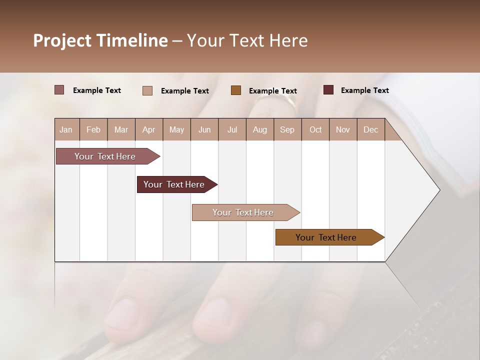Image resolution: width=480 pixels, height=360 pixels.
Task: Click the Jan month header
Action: (66, 129)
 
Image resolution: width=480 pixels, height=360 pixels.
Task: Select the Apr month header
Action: (148, 129)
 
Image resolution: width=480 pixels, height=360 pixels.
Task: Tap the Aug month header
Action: (259, 129)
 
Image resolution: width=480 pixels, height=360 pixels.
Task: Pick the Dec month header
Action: (370, 129)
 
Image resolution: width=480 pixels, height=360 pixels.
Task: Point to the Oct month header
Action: (315, 129)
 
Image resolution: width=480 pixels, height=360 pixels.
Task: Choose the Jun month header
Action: (204, 129)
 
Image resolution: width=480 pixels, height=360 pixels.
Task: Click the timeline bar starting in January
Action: (105, 156)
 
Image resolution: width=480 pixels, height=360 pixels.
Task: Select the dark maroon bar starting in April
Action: (174, 184)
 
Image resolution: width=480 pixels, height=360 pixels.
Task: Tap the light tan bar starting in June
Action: (243, 212)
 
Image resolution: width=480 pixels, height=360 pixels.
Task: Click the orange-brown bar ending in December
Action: (326, 237)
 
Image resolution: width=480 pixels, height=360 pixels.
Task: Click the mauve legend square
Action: (59, 90)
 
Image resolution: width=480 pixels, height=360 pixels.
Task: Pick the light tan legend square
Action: (147, 90)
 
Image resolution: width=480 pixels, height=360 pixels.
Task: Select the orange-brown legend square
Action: (235, 90)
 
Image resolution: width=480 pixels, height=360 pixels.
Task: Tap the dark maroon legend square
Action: (328, 90)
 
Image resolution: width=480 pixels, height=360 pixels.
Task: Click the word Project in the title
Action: (62, 40)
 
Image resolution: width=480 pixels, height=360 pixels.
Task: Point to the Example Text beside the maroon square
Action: (364, 90)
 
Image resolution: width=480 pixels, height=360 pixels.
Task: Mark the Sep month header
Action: (287, 129)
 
